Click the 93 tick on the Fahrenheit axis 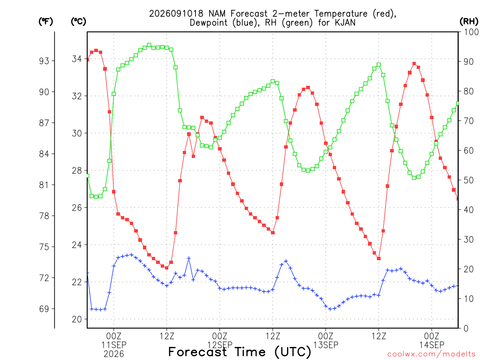pos(44,61)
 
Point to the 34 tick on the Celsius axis pos(77,59)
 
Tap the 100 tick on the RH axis pos(471,32)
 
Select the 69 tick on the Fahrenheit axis pos(44,309)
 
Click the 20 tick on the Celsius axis pos(77,319)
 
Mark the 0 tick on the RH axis pos(466,329)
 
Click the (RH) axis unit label pos(469,21)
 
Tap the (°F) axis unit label pos(45,22)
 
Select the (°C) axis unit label pos(78,22)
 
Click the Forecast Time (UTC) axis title pos(240,352)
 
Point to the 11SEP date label pos(114,345)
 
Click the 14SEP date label pos(432,345)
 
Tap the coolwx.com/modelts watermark pos(431,354)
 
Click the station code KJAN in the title pos(345,22)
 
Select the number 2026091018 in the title pos(176,14)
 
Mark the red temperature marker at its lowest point pos(166,268)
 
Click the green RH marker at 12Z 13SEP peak pos(379,65)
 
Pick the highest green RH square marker pos(149,45)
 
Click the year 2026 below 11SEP pos(114,354)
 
